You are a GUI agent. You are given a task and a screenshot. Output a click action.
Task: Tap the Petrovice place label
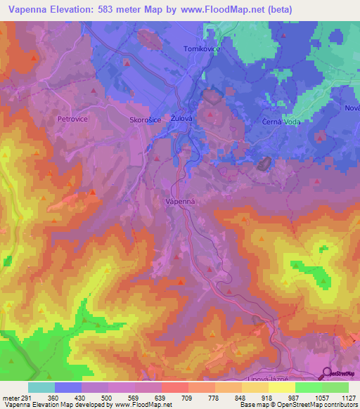click(x=71, y=119)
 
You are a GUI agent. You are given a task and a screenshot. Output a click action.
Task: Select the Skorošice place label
click(x=146, y=120)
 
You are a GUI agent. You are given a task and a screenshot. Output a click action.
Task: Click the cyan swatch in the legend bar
click(x=41, y=387)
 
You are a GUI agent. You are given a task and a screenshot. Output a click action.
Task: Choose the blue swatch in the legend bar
click(x=67, y=387)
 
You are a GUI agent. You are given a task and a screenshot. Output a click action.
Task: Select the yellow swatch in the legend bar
click(x=281, y=387)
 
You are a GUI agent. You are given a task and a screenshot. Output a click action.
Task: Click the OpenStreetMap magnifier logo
click(x=327, y=373)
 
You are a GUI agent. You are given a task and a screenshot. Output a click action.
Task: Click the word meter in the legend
click(x=8, y=397)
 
